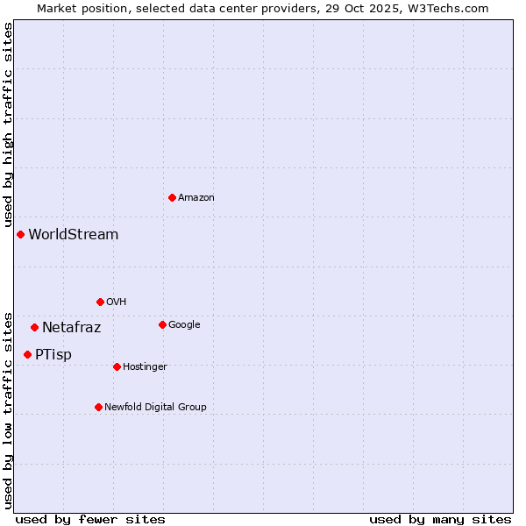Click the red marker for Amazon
(x=172, y=197)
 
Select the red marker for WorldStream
(x=20, y=234)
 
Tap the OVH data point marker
(x=100, y=302)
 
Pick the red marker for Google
(x=162, y=324)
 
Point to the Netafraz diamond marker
(x=34, y=327)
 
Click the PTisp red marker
(x=27, y=354)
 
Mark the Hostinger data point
(x=117, y=366)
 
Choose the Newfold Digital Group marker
(x=98, y=407)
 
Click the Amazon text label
(x=196, y=198)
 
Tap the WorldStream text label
(x=74, y=235)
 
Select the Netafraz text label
(x=72, y=328)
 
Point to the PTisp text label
(x=53, y=355)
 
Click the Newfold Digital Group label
(x=156, y=408)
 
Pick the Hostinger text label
(x=146, y=367)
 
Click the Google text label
(x=184, y=325)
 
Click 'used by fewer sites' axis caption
(x=90, y=520)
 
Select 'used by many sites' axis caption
(x=440, y=520)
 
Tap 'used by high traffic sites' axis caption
(x=8, y=125)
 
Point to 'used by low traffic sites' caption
(x=8, y=409)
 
